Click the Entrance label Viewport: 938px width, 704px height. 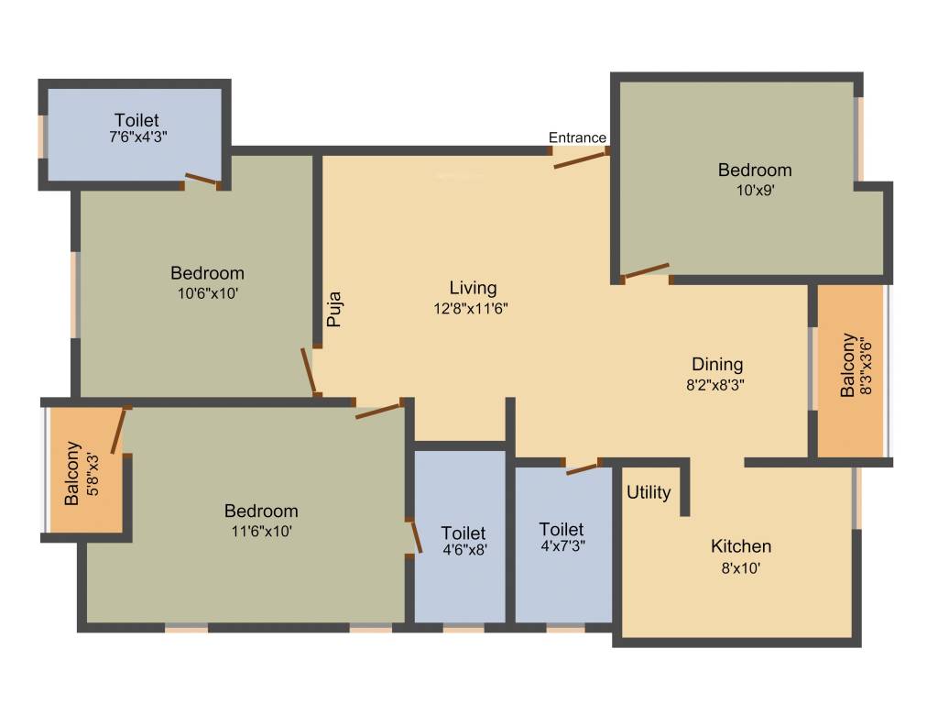tap(577, 137)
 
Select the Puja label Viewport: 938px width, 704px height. tap(335, 309)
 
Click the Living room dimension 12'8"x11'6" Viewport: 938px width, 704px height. tap(473, 309)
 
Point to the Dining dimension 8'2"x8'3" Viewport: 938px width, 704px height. tap(715, 385)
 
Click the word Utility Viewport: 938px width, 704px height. tap(649, 492)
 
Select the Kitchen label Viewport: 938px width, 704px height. tap(741, 546)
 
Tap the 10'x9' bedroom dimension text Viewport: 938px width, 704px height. tap(755, 191)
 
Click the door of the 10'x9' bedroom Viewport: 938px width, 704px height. tap(647, 270)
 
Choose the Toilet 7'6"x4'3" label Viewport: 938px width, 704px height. tap(136, 120)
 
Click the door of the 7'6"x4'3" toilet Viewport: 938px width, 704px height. tap(202, 180)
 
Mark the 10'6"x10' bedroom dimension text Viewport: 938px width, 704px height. tap(207, 293)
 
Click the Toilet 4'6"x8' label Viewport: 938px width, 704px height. tap(464, 533)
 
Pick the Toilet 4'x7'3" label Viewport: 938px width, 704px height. tap(562, 529)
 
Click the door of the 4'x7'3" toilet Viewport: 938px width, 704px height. tap(583, 468)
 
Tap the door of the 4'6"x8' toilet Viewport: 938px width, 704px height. tap(416, 537)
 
